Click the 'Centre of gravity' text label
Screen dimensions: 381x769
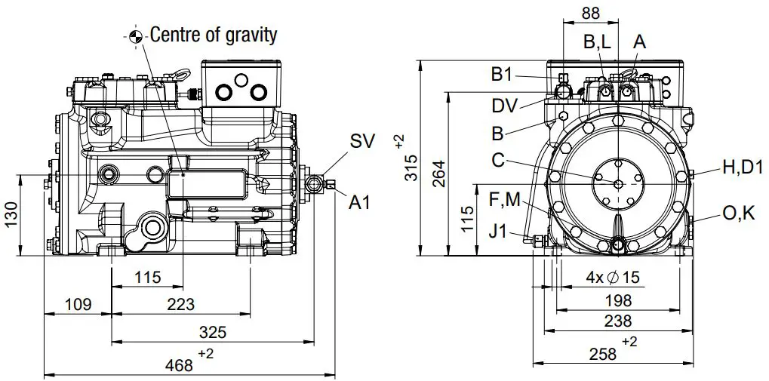coord(214,35)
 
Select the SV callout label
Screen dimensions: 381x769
coord(361,142)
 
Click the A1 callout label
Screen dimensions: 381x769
coord(359,201)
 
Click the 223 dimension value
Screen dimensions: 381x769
coord(179,305)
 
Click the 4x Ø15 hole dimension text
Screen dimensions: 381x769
coord(612,278)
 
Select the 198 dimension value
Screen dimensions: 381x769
coord(618,301)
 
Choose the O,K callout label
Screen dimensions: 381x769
coord(738,214)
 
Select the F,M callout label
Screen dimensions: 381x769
coord(505,199)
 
